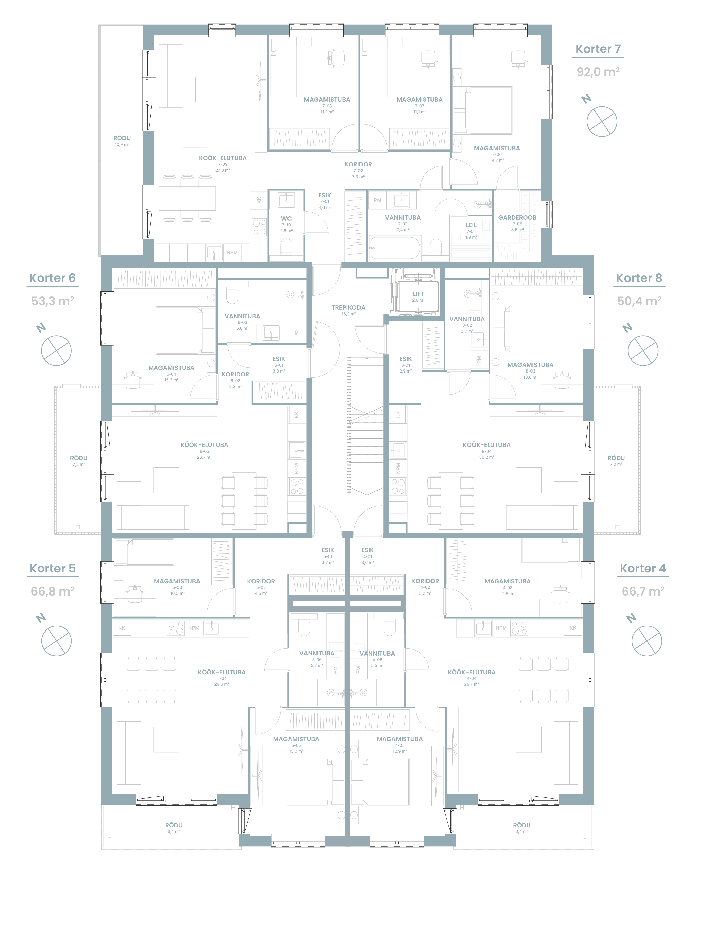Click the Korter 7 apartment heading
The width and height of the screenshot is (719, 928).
(x=598, y=49)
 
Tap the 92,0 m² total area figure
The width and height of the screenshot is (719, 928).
(x=598, y=72)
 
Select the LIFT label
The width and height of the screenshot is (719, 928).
(x=418, y=294)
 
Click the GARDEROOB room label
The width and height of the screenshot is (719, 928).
(x=517, y=217)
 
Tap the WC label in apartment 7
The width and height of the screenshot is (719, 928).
(x=286, y=219)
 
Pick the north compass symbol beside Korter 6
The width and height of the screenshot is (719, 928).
(x=56, y=350)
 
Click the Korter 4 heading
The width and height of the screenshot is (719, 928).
(x=642, y=568)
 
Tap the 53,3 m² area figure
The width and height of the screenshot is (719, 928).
(x=53, y=301)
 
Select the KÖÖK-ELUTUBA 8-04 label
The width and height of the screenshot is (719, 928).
(x=487, y=445)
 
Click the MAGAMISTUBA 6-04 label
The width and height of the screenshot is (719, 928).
(x=171, y=368)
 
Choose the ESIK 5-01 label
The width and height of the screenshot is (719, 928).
(x=328, y=550)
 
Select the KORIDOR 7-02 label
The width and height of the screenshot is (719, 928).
(x=358, y=164)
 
